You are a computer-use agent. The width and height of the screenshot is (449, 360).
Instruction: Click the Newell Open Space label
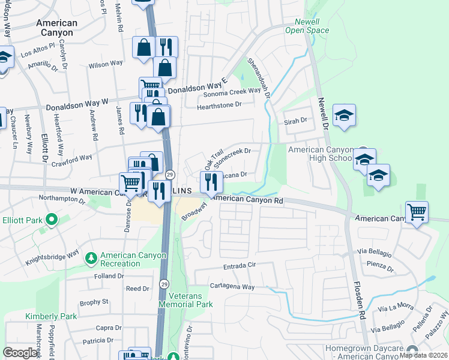point(307,26)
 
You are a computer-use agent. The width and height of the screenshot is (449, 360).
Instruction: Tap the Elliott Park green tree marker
point(51,220)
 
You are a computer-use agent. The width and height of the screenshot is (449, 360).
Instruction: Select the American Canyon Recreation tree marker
point(91,259)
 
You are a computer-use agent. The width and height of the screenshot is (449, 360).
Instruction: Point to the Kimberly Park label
point(51,316)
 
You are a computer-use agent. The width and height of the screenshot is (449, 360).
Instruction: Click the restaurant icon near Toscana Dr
point(211,181)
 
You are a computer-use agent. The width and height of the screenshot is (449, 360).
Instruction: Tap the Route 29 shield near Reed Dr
point(163,283)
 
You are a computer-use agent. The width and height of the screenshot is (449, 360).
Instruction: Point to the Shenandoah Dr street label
point(260,79)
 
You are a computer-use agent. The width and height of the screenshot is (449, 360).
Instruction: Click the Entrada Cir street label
point(234,265)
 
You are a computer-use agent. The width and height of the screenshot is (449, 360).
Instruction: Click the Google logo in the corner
point(20,353)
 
